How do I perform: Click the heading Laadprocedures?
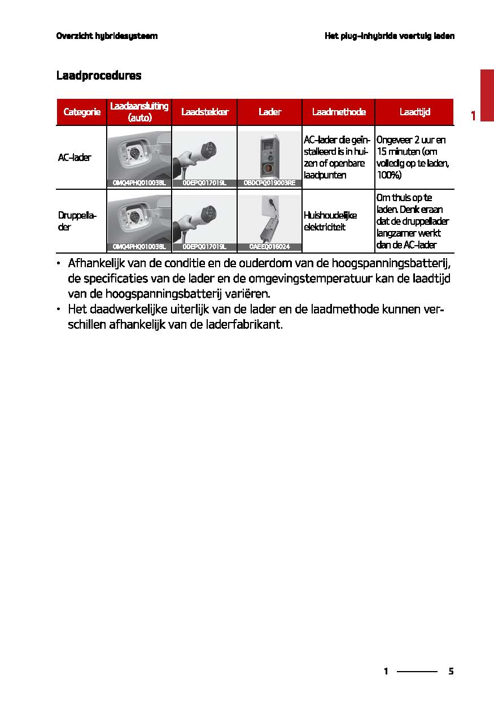tap(98, 76)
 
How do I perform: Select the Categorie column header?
tap(81, 112)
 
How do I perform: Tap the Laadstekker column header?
tap(204, 112)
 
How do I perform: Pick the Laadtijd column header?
tap(414, 112)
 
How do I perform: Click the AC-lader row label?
tap(75, 158)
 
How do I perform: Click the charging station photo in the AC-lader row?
tap(269, 155)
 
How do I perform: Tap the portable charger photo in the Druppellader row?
tap(269, 219)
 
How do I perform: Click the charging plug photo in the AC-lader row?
tap(204, 155)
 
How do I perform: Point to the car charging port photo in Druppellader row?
tap(139, 219)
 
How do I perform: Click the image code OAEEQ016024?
tap(269, 247)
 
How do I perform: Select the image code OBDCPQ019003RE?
tap(269, 183)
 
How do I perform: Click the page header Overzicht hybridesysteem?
tap(107, 36)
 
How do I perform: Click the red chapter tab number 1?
tap(473, 116)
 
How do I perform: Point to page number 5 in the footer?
tap(451, 672)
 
